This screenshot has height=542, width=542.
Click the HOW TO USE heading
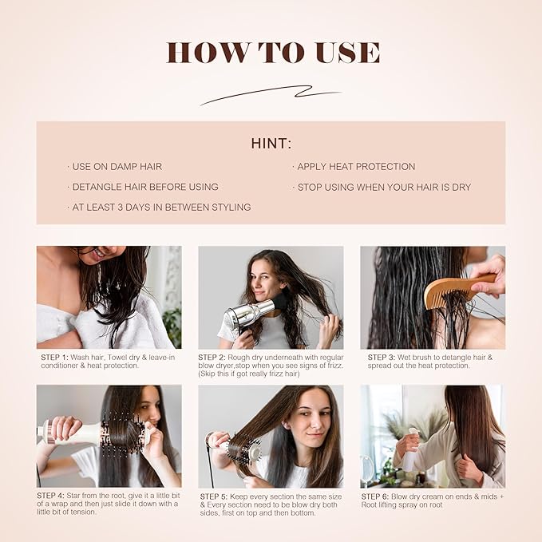click(x=271, y=52)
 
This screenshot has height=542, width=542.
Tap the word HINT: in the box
click(x=271, y=144)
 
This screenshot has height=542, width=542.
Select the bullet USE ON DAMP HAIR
click(x=117, y=167)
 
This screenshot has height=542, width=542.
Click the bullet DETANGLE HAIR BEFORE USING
click(x=144, y=187)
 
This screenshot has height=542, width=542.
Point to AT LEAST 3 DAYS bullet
click(x=160, y=208)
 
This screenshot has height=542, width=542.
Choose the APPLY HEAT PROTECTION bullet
click(x=355, y=167)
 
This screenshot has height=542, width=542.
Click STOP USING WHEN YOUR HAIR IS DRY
click(x=383, y=187)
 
